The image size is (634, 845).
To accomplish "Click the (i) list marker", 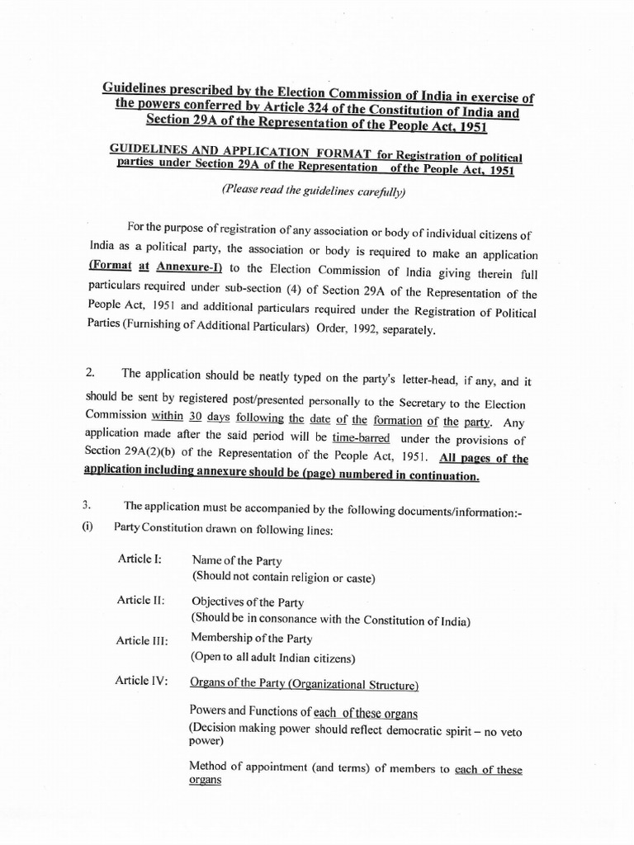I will tap(88, 529).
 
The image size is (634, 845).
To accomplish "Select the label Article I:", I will tap(140, 559).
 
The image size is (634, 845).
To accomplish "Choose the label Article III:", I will tap(144, 640).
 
